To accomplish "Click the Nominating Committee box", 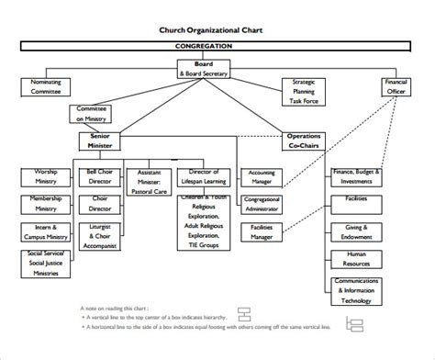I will tap(46, 87).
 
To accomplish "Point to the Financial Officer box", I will tap(396, 87).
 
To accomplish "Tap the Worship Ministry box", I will tap(46, 176).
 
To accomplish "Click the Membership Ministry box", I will tap(46, 204).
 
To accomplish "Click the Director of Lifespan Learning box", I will tap(204, 176).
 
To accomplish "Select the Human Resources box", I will tap(357, 259).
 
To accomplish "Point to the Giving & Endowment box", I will tap(357, 231).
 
